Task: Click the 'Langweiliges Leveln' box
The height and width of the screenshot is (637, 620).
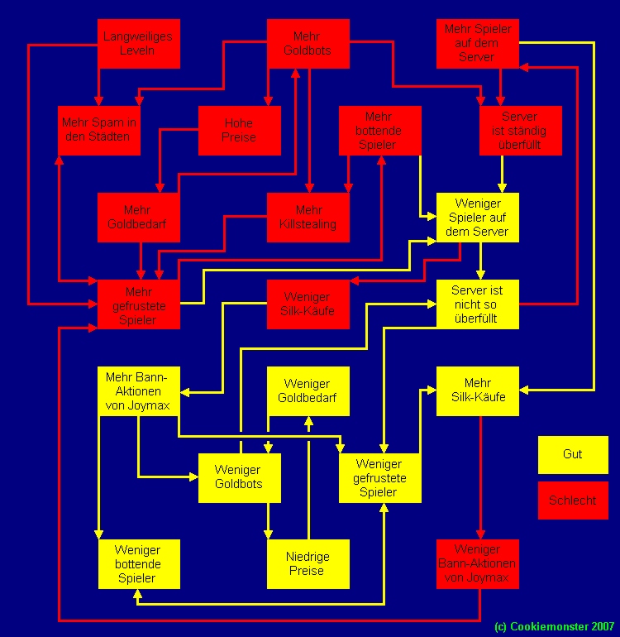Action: [139, 43]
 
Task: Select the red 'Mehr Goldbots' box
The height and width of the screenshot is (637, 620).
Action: [308, 43]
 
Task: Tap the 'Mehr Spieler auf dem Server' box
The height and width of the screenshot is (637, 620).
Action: [478, 43]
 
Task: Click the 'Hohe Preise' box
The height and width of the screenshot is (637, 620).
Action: [239, 130]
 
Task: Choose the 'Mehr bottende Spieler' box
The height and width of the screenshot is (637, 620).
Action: [379, 130]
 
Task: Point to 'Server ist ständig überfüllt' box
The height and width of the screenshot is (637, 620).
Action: [520, 130]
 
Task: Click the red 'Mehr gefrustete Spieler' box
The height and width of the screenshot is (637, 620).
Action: [139, 304]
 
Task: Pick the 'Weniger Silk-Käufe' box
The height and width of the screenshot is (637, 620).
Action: [308, 304]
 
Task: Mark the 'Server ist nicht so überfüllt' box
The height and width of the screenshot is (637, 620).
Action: [478, 304]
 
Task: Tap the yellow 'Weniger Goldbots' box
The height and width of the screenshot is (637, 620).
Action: [239, 477]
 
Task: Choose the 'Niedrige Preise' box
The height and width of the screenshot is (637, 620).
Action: [308, 564]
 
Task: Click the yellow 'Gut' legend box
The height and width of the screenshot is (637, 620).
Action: [572, 454]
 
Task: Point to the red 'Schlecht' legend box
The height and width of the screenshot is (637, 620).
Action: [572, 500]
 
